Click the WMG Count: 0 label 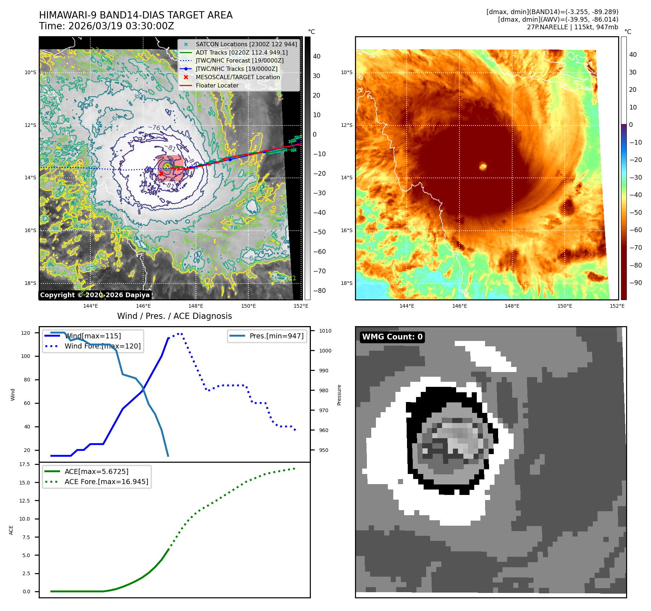[392, 337]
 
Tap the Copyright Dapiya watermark [95, 295]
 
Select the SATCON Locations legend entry [246, 44]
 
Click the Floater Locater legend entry [217, 85]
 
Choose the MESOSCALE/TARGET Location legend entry [237, 77]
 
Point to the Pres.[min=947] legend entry [276, 336]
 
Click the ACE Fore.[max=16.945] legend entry [106, 482]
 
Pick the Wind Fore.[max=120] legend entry [102, 346]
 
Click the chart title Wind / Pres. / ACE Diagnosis [174, 316]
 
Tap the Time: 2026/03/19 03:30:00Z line [107, 26]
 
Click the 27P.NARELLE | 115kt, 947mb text [572, 27]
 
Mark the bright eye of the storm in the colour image [483, 166]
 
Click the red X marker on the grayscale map [161, 174]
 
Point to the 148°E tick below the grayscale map [196, 306]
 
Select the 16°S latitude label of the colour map [346, 230]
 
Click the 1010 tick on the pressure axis [325, 331]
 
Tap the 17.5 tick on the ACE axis [25, 464]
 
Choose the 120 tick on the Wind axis [26, 333]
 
